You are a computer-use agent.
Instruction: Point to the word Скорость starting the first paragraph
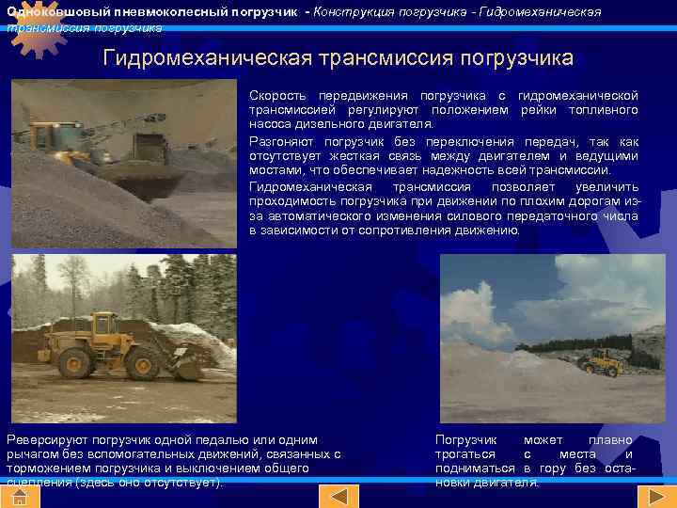click(x=278, y=96)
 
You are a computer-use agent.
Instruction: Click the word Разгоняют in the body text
click(x=279, y=141)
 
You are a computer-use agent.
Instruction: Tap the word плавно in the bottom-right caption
click(x=610, y=440)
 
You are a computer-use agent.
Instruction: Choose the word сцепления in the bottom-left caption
click(x=36, y=483)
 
